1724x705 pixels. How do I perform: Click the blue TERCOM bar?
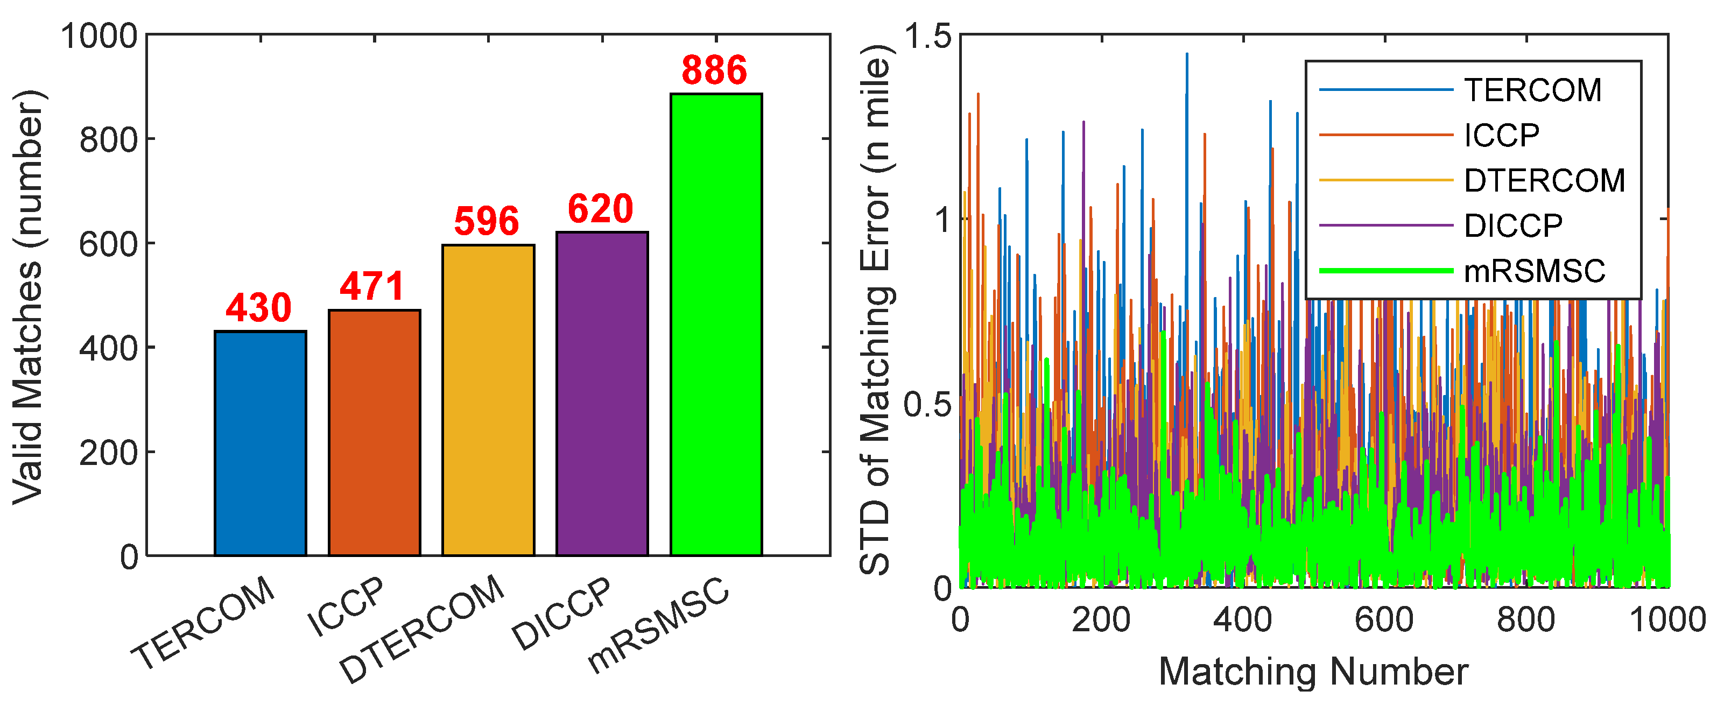(261, 443)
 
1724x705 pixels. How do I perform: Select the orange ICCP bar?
(374, 432)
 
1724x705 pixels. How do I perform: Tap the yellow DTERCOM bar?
(488, 400)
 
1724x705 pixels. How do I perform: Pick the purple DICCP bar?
(602, 393)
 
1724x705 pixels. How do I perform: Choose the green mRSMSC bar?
(716, 325)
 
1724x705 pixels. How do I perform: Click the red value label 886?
(714, 70)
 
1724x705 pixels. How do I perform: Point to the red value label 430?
(258, 308)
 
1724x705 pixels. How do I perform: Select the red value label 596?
(487, 221)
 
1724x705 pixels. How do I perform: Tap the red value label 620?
(600, 209)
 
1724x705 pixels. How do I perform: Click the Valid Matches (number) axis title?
(28, 297)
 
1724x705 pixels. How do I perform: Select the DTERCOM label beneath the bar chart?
(421, 629)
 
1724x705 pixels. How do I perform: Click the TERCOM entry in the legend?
(1532, 90)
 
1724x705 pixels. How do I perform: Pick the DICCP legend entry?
(1513, 226)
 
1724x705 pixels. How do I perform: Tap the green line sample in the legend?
(1386, 271)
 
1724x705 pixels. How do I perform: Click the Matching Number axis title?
(1313, 672)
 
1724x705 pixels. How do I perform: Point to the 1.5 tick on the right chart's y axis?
(927, 36)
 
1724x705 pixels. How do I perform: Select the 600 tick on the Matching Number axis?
(1384, 619)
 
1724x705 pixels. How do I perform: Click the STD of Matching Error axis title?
(875, 309)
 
